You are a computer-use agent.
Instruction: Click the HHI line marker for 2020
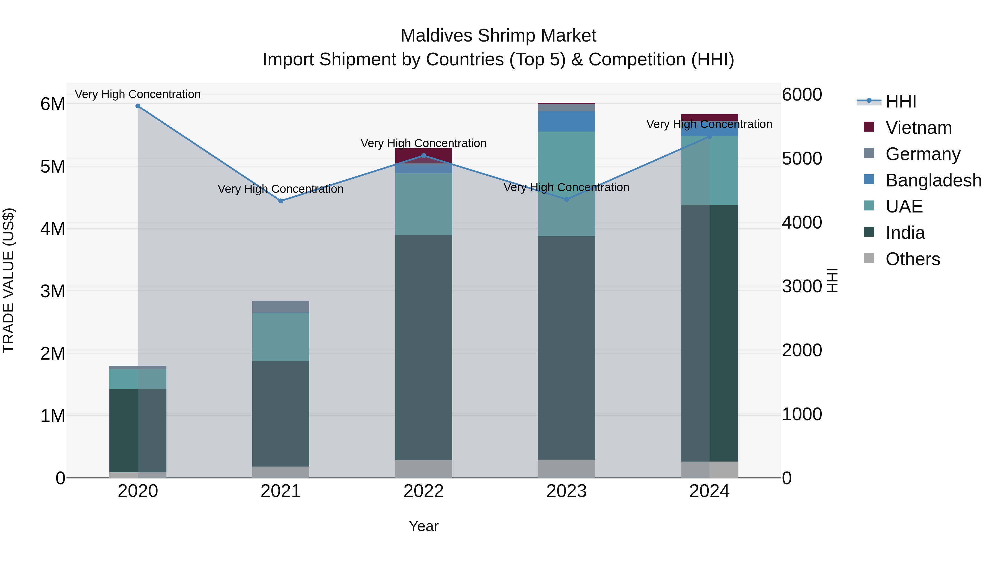(138, 106)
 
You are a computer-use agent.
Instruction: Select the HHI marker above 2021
(281, 201)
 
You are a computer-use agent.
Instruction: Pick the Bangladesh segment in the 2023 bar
(567, 121)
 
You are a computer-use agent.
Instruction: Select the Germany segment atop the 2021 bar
(281, 307)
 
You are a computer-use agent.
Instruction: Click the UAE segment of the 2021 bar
(281, 337)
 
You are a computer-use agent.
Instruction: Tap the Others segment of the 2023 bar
(567, 468)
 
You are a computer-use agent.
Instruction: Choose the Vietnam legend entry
(918, 128)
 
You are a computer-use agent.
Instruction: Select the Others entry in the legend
(912, 259)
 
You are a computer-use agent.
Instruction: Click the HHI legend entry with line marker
(900, 101)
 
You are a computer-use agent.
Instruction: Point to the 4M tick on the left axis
(53, 229)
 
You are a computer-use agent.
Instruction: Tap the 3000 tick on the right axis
(801, 286)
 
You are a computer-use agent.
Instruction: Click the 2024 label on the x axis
(709, 491)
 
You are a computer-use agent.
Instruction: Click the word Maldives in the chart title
(436, 36)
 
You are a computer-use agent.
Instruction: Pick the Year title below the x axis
(423, 526)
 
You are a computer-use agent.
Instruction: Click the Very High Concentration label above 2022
(423, 143)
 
